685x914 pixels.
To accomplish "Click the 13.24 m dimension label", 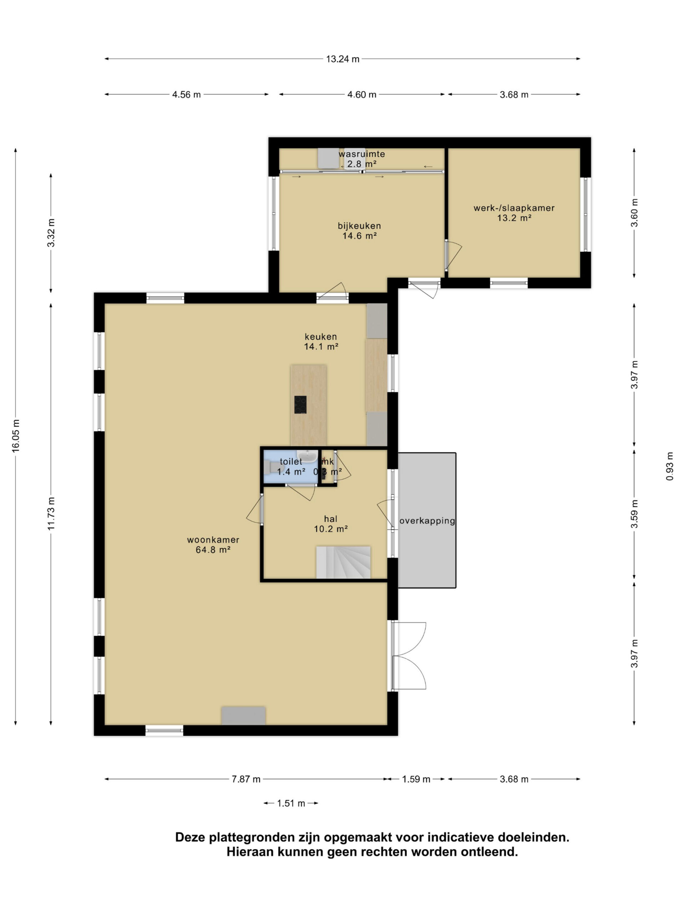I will (342, 59).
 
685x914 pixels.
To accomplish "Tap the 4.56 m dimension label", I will (186, 95).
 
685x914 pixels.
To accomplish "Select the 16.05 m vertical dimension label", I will (16, 436).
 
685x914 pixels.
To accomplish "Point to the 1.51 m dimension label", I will (291, 803).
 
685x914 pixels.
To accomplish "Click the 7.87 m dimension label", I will (246, 779).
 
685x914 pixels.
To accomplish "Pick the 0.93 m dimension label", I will (669, 466).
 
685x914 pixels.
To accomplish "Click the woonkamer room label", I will (213, 539).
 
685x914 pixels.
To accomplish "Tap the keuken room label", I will (321, 336).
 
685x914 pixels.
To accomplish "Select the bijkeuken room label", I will (359, 226).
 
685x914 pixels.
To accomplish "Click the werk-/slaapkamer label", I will (514, 208).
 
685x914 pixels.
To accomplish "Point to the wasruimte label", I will (362, 154).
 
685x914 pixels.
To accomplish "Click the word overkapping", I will (427, 521).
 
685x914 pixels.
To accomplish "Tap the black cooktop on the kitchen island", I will (300, 405).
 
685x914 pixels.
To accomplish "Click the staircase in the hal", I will (343, 562).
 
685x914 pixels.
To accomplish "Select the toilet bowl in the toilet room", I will (273, 467).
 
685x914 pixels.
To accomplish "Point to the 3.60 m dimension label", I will (634, 213).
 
